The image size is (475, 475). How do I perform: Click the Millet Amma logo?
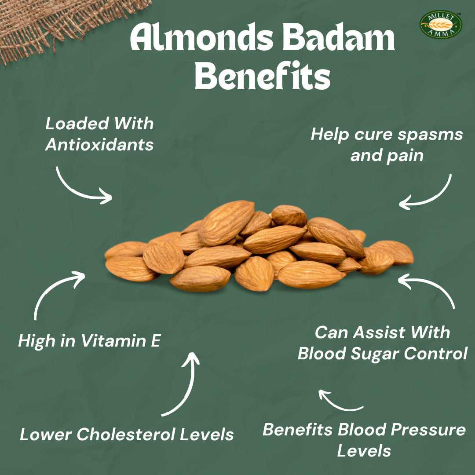click(441, 24)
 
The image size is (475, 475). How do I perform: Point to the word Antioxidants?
click(99, 145)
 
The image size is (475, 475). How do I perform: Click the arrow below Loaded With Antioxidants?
click(81, 187)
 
